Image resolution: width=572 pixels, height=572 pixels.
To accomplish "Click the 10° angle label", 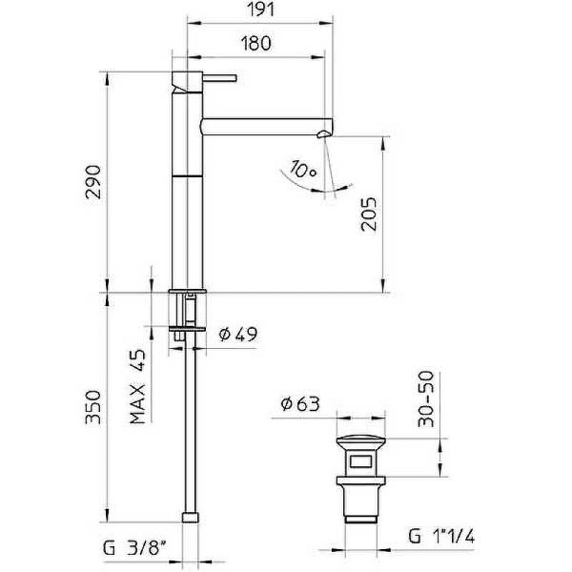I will tap(303, 171).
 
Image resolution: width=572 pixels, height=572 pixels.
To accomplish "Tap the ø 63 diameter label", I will tap(299, 403).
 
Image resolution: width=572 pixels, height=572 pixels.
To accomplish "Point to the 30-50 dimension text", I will tap(423, 398).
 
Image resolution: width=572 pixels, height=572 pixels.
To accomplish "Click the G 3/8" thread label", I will tap(139, 549).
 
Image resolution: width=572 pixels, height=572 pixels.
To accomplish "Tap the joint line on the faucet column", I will tap(187, 176).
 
